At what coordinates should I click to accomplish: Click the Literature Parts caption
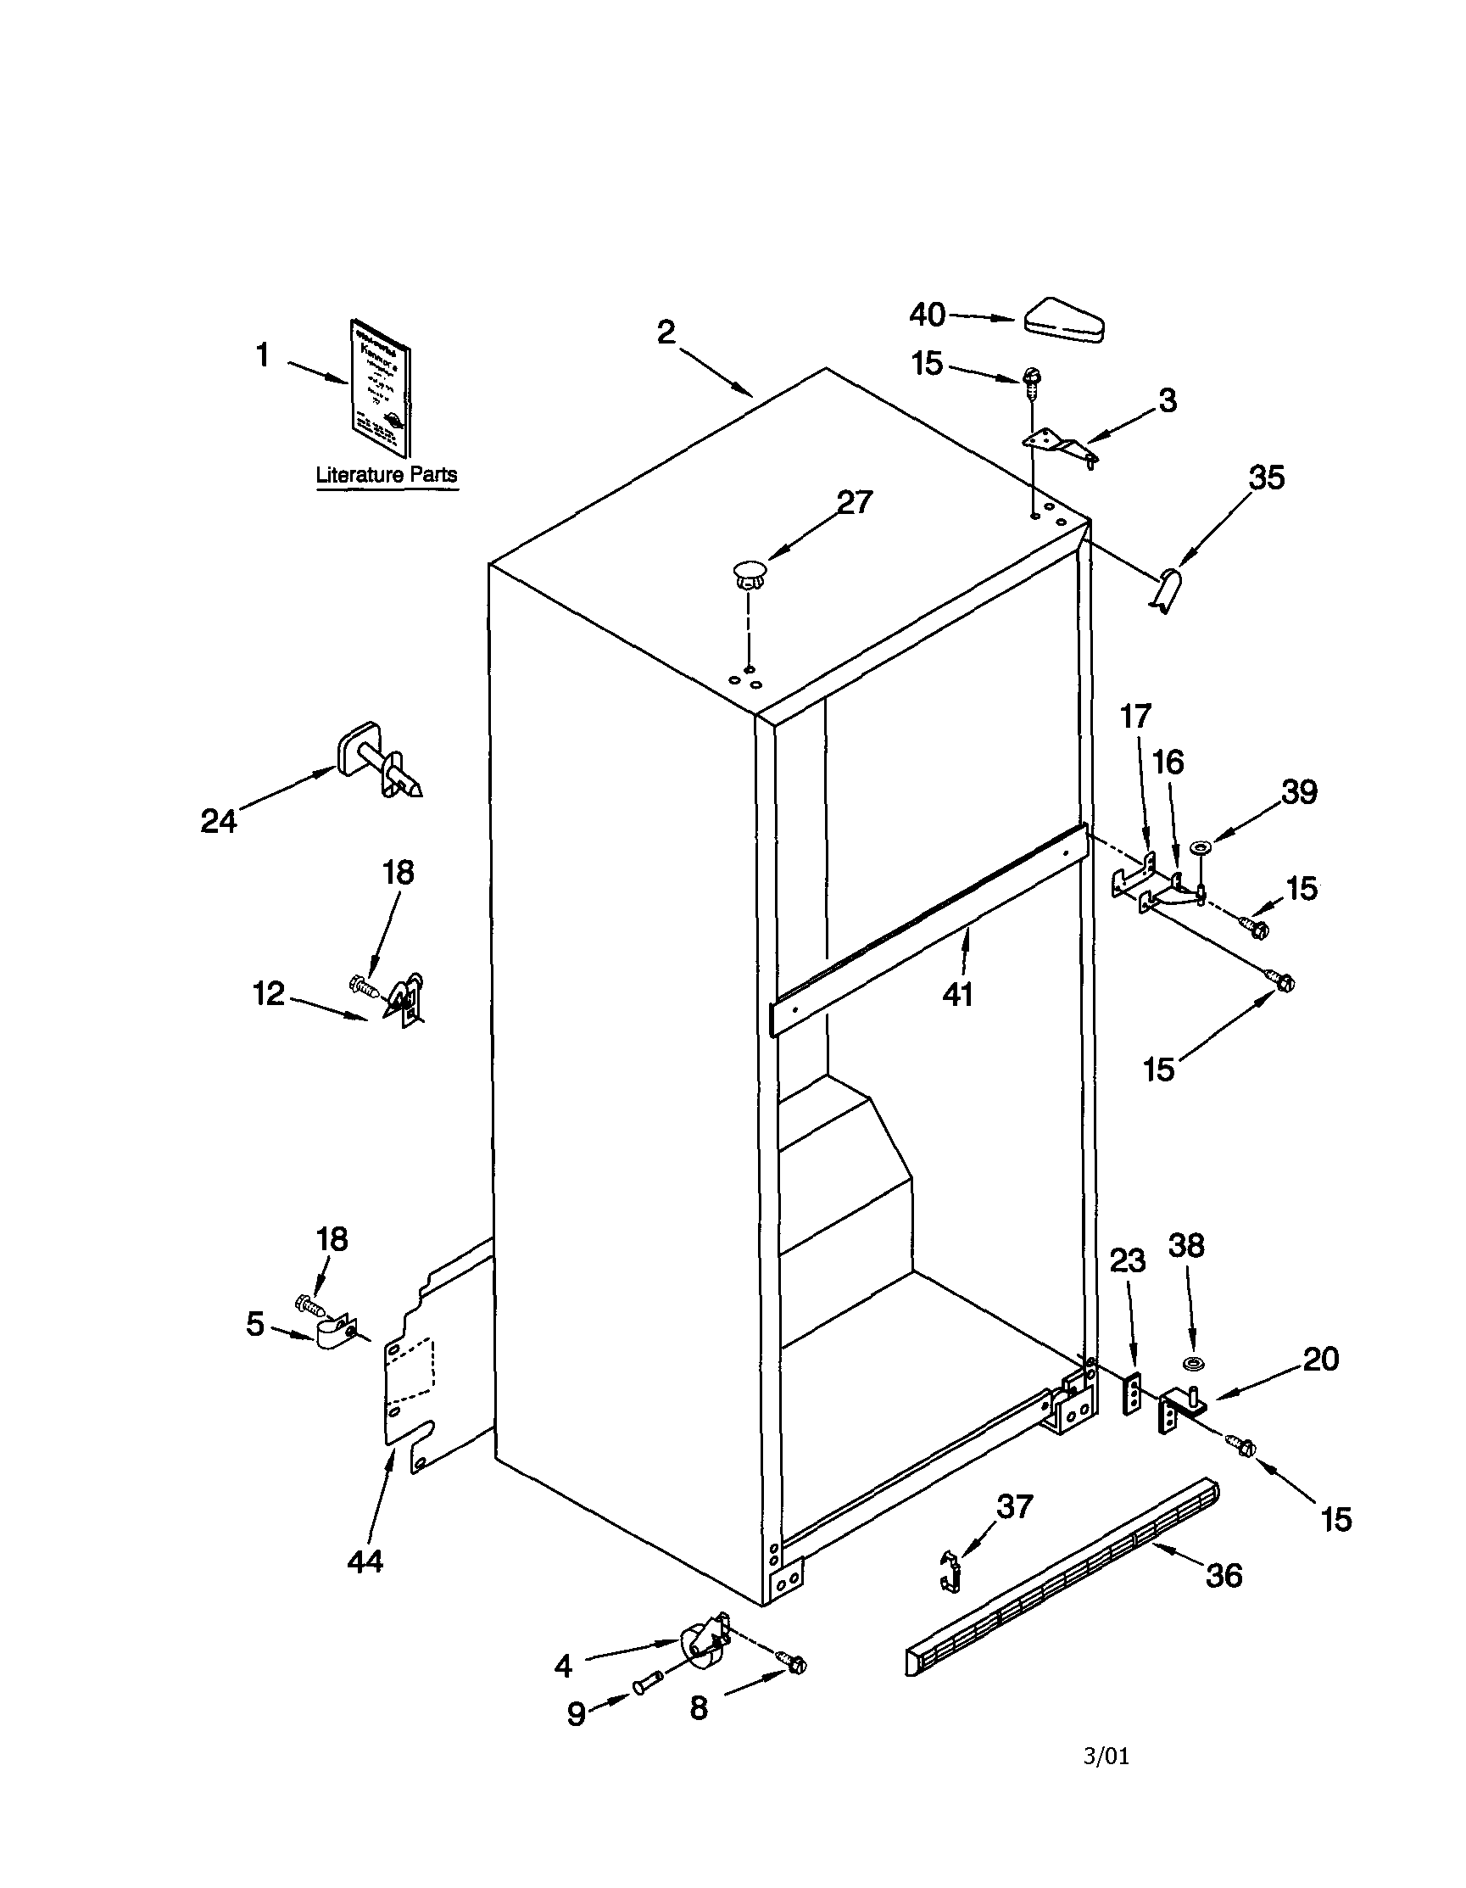tap(387, 475)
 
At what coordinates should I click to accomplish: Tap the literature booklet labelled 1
tap(381, 388)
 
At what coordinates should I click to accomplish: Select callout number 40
tap(928, 315)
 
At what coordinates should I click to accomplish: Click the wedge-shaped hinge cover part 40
tap(1065, 323)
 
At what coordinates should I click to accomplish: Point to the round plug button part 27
tap(749, 573)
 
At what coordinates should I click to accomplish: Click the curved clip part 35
tap(1166, 589)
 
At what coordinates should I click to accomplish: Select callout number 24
tap(219, 820)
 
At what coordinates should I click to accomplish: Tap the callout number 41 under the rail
tap(958, 994)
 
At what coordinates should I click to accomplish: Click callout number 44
tap(365, 1561)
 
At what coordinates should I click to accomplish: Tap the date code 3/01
tap(1106, 1756)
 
